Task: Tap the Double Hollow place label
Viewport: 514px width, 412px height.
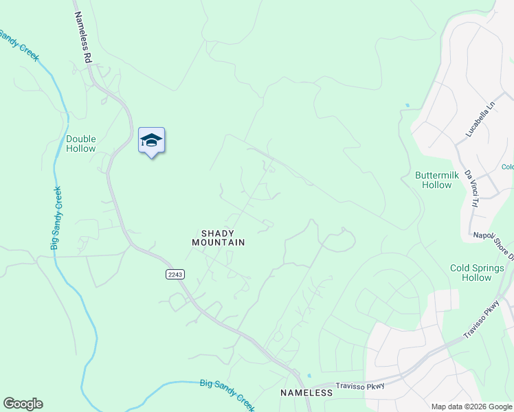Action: point(81,144)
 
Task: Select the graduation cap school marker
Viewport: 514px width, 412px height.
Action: point(151,141)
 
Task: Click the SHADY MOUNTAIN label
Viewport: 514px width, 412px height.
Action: point(219,238)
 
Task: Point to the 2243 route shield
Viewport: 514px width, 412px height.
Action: point(175,274)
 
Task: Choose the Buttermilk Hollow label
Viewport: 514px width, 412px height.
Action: point(437,180)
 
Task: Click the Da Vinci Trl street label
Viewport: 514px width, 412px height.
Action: point(471,188)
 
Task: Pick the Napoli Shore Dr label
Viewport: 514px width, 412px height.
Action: point(493,236)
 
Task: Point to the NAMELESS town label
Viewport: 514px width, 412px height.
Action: point(306,393)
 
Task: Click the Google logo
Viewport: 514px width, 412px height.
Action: point(23,404)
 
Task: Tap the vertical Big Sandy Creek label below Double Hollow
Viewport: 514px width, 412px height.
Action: point(57,217)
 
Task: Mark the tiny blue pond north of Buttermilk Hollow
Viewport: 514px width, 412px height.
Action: point(407,105)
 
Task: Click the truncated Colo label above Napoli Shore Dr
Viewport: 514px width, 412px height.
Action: point(508,167)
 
